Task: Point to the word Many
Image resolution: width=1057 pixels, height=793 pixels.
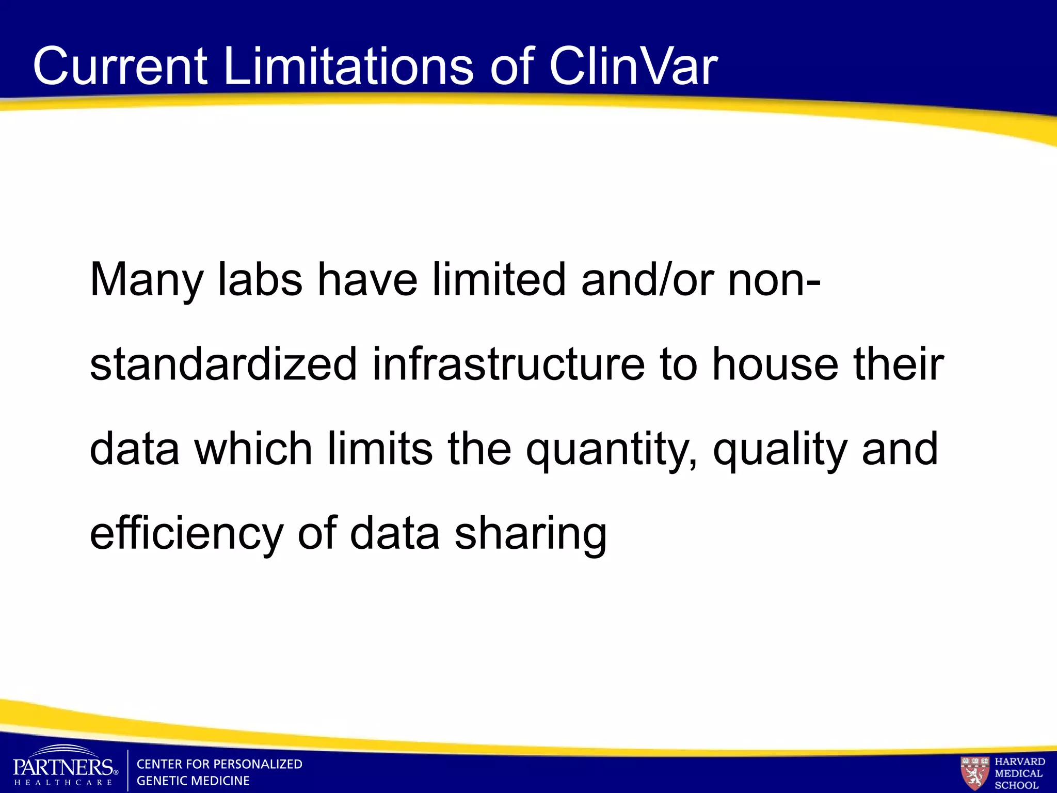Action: point(147,280)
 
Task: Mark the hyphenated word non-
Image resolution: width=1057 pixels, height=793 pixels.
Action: point(774,280)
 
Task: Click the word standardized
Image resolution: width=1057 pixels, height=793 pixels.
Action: point(223,364)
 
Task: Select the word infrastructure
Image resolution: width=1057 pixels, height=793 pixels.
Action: point(508,364)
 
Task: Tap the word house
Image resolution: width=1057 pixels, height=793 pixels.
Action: point(775,364)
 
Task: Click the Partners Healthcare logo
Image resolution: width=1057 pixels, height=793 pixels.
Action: point(64,768)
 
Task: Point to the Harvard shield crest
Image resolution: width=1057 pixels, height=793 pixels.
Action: point(974,772)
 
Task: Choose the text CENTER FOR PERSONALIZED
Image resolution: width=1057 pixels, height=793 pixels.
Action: point(219,764)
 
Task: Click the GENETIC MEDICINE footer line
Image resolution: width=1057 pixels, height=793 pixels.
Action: point(193,781)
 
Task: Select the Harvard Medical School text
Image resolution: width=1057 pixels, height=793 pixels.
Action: point(1019,773)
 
